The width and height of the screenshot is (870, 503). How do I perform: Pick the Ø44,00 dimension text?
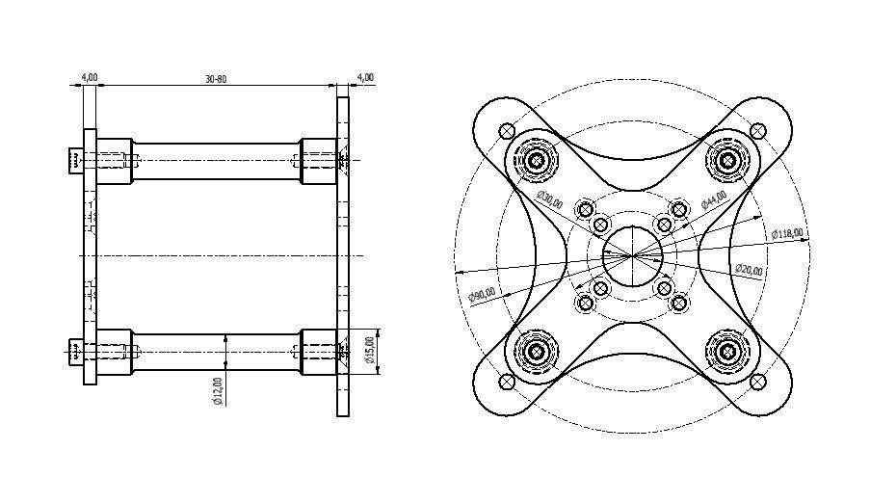coord(714,199)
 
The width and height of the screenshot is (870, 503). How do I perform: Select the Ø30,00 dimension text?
coord(549,199)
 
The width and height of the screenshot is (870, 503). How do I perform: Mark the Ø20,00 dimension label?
coord(749,270)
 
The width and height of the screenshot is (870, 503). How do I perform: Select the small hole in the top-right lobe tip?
coord(758,130)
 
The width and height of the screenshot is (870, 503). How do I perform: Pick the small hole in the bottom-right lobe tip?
coord(758,383)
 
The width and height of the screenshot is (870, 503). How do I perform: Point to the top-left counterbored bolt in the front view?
coord(537,160)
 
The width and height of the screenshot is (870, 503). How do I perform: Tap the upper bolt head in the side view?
coord(76,160)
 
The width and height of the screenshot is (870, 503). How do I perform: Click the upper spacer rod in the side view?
coord(216,160)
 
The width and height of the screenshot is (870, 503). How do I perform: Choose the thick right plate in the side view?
coord(343,255)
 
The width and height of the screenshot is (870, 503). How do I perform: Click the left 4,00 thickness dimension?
coord(89,77)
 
